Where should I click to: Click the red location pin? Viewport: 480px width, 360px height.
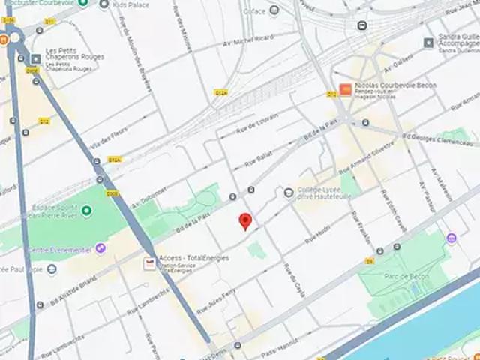(x=245, y=221)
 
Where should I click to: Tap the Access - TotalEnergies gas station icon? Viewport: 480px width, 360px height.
(x=149, y=263)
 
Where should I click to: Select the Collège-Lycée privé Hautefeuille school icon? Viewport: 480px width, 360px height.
(x=289, y=193)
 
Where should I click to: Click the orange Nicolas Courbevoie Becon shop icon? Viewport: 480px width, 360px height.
(x=345, y=90)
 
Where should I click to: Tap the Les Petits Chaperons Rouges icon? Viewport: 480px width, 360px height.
(x=35, y=59)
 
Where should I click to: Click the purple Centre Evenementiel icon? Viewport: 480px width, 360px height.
(x=100, y=248)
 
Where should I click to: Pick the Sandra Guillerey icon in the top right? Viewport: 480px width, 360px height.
(x=429, y=43)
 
